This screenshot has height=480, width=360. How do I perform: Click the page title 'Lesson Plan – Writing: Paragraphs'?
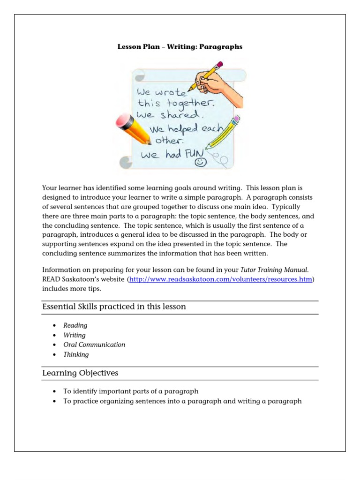coord(180,47)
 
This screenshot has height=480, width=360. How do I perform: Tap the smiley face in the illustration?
coord(201,162)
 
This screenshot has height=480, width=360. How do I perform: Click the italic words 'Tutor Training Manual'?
coord(267,270)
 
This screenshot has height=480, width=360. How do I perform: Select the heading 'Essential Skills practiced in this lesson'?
coord(114,307)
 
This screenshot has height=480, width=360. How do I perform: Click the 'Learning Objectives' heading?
coord(80,373)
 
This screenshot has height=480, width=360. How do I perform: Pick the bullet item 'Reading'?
coord(75,325)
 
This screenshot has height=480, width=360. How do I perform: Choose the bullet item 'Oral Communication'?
coord(94,345)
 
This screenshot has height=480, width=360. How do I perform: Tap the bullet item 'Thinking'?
coord(76,354)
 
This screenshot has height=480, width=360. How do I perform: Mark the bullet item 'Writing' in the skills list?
coord(75,335)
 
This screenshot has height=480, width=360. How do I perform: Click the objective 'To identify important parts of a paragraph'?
coord(131,391)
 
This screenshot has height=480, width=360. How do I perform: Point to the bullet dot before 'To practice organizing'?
coord(55,401)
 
